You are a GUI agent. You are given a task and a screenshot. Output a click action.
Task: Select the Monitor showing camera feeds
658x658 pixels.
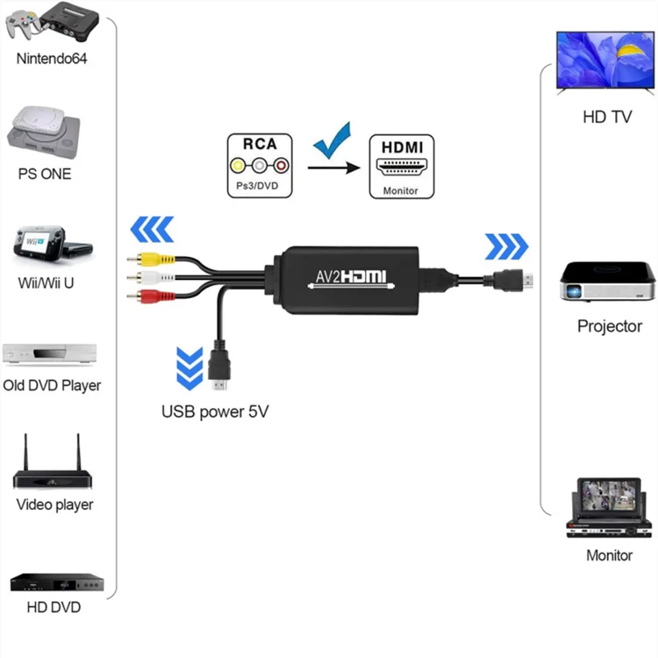tap(609, 506)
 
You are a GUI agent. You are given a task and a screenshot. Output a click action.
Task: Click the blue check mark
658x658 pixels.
tap(332, 141)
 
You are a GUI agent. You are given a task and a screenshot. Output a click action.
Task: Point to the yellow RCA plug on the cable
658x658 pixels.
tap(140, 261)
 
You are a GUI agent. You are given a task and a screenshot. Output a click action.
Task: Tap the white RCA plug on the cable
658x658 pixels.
tap(140, 278)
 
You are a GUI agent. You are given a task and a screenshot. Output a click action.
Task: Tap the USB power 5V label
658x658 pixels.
tap(214, 411)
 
